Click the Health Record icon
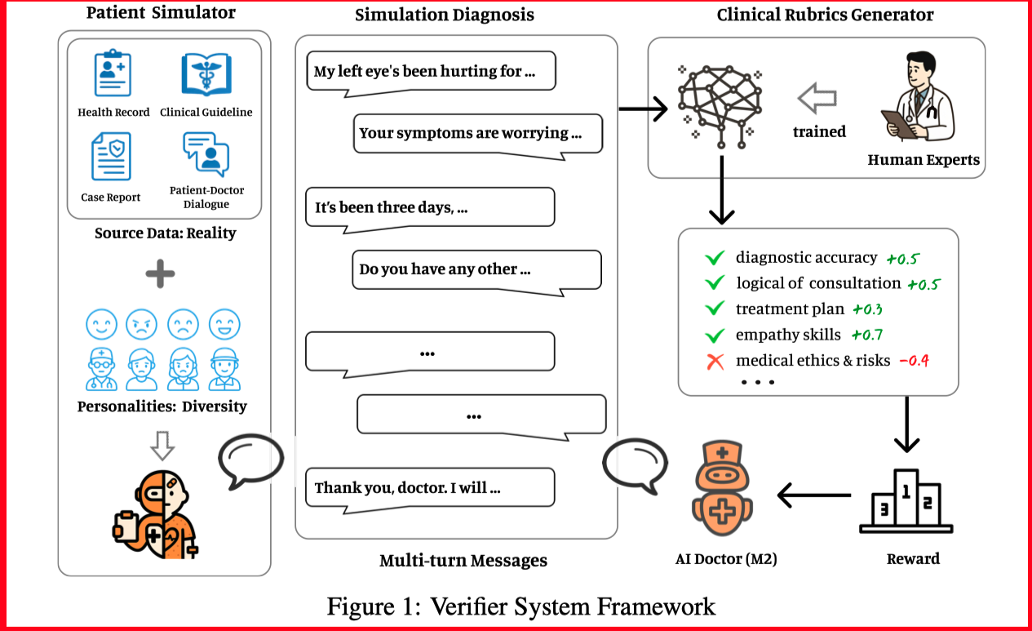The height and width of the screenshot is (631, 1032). click(113, 75)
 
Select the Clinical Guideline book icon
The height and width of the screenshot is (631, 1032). click(205, 75)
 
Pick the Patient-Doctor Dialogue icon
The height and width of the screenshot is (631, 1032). click(206, 153)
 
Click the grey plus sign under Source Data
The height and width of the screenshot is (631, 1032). click(160, 273)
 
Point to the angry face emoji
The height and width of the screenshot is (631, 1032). click(140, 325)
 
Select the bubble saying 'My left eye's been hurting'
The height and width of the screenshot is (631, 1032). click(431, 72)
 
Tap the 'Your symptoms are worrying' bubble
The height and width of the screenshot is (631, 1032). click(477, 134)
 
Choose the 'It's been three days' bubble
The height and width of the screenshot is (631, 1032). click(430, 207)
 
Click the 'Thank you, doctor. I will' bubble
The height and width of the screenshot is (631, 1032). click(430, 488)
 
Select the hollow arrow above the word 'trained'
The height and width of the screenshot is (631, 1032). click(817, 99)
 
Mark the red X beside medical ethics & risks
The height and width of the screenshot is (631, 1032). click(715, 361)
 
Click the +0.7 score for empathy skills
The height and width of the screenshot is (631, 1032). click(866, 335)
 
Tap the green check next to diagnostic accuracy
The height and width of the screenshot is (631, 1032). click(715, 258)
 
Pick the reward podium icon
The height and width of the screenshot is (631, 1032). click(906, 501)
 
